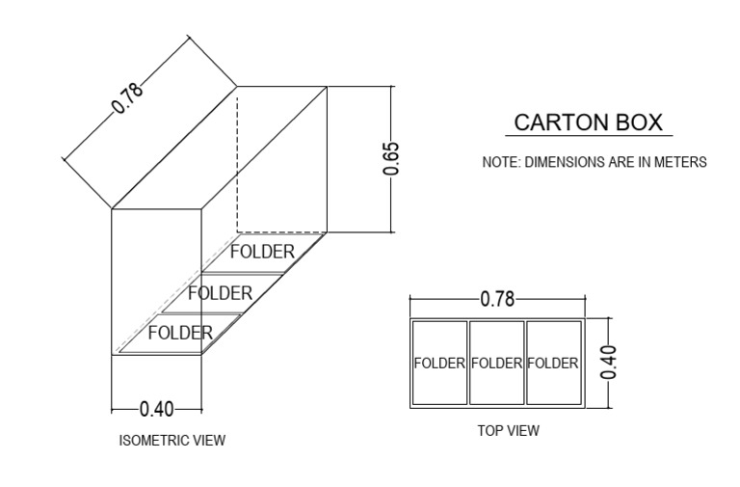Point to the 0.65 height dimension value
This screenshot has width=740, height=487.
coord(391,158)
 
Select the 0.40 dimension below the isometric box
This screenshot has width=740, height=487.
coord(157,409)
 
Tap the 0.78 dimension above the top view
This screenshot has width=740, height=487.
coord(497,299)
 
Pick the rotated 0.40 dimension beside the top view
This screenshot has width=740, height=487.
coord(608,363)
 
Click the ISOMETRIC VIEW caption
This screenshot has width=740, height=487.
coord(172,441)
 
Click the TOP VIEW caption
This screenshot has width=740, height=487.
coord(509,431)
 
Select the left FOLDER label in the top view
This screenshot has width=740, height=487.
coord(439,364)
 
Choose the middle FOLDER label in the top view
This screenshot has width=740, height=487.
coord(496,364)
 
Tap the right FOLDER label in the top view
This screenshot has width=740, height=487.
coord(553,364)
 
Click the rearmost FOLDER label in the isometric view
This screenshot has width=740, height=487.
coord(261,252)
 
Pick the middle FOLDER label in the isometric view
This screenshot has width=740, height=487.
coord(220,292)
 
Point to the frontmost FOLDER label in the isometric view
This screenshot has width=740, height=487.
coord(180,333)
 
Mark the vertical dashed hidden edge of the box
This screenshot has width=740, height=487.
coord(237,159)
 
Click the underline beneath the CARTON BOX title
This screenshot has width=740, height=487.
coord(588,136)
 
